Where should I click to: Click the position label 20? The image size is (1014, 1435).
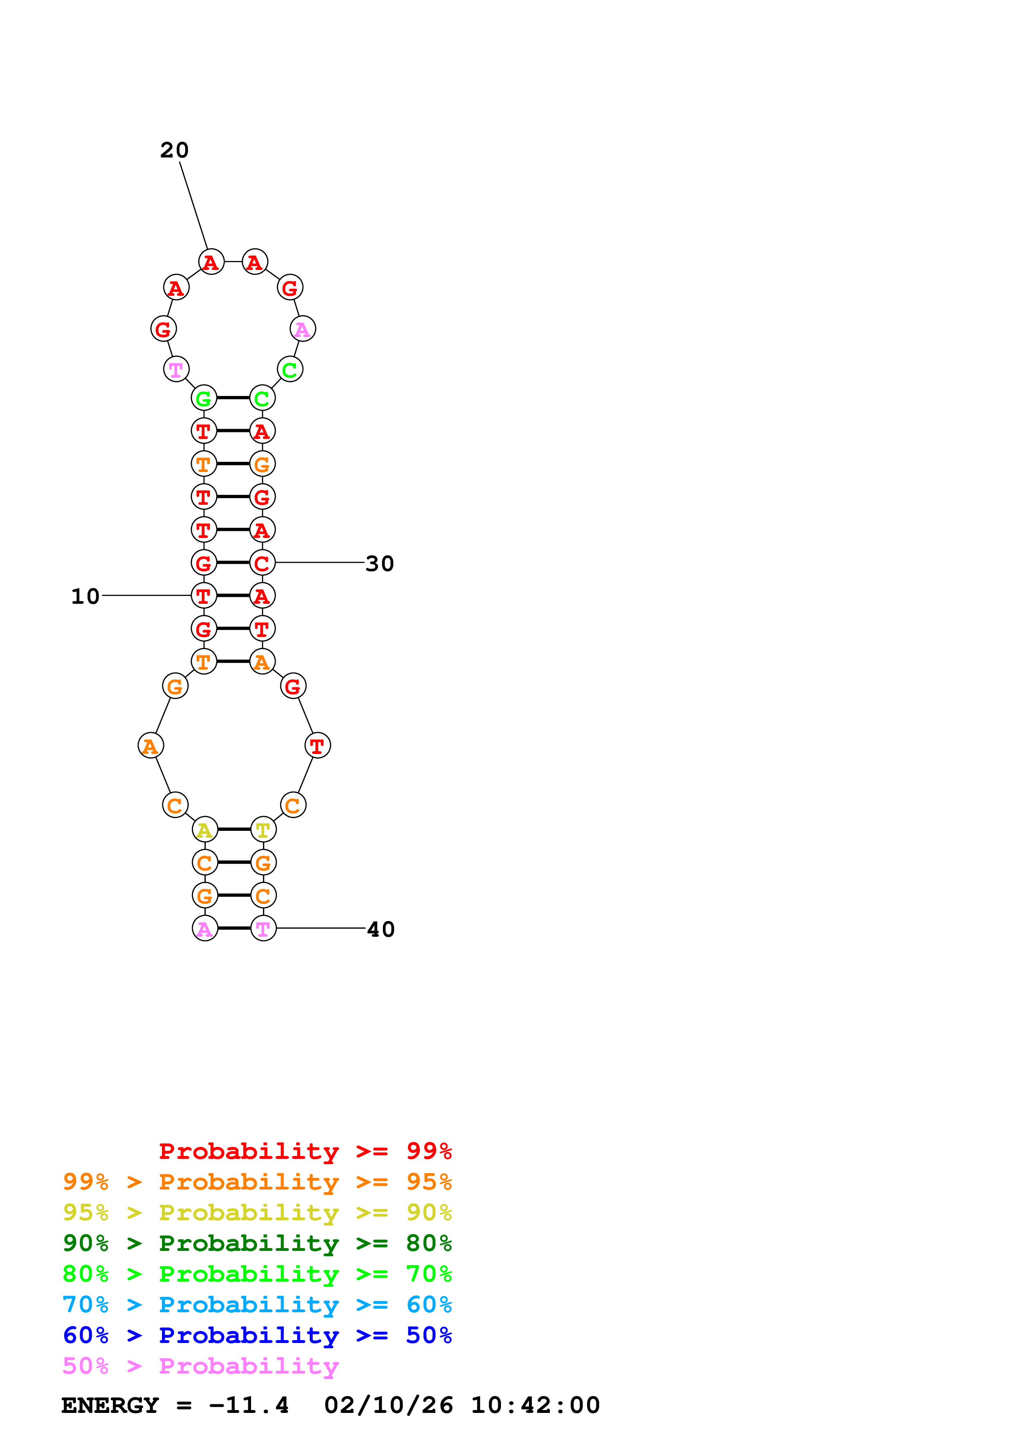[x=174, y=150]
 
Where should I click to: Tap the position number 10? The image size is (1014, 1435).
[x=85, y=596]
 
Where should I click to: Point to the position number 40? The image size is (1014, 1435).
[x=380, y=929]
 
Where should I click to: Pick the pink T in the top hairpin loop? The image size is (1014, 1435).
[x=176, y=369]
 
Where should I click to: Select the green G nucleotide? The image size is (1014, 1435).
[x=204, y=398]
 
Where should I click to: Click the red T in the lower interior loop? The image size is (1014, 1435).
[x=317, y=746]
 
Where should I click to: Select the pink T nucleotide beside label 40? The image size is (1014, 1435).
[x=263, y=929]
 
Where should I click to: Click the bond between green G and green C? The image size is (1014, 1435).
[x=233, y=398]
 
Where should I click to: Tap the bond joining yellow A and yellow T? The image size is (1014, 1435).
[x=234, y=829]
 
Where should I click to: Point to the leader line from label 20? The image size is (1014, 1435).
[x=193, y=206]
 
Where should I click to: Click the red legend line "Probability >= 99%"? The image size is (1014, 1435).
[x=305, y=1151]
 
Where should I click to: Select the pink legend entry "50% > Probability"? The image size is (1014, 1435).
[x=200, y=1366]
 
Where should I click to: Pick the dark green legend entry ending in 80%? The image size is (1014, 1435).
[x=257, y=1243]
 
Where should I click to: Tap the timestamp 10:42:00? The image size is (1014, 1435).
[x=535, y=1406]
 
